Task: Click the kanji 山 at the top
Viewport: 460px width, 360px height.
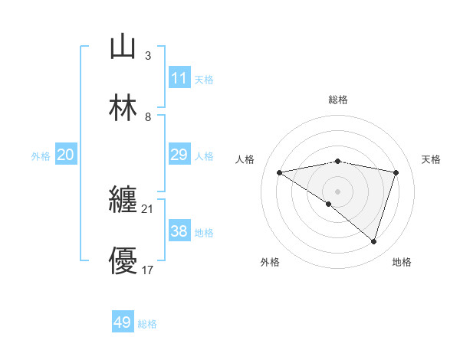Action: pyautogui.click(x=123, y=47)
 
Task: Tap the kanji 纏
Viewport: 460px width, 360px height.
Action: pyautogui.click(x=123, y=200)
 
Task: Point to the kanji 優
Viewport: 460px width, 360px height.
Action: pyautogui.click(x=123, y=261)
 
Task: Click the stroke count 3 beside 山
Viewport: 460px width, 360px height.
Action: pyautogui.click(x=147, y=56)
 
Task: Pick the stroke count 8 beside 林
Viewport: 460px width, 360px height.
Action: pyautogui.click(x=147, y=117)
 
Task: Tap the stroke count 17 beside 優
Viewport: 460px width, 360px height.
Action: pyautogui.click(x=147, y=270)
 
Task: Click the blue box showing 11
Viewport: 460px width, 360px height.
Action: pyautogui.click(x=179, y=78)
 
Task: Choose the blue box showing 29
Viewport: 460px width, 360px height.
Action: pyautogui.click(x=179, y=155)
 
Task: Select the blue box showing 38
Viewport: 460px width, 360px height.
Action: pyautogui.click(x=179, y=231)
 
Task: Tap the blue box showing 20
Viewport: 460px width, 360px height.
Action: pyautogui.click(x=65, y=155)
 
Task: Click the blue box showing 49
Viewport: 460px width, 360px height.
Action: pyautogui.click(x=123, y=322)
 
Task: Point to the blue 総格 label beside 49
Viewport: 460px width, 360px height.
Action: pyautogui.click(x=147, y=324)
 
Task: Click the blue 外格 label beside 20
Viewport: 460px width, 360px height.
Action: pyautogui.click(x=41, y=156)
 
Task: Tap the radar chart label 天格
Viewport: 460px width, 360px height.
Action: pyautogui.click(x=431, y=159)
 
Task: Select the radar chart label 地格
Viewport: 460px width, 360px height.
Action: pyautogui.click(x=402, y=262)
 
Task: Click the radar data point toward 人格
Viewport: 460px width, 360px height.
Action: pyautogui.click(x=279, y=172)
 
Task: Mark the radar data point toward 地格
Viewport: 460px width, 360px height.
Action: pyautogui.click(x=373, y=241)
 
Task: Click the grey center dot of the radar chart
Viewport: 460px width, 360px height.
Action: pyautogui.click(x=337, y=191)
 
